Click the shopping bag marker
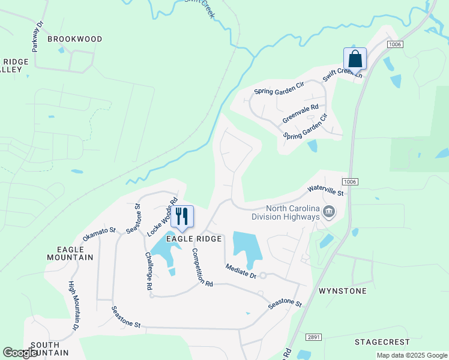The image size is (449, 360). (x=355, y=59)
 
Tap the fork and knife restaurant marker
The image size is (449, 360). (x=182, y=217)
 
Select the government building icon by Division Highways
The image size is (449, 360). (x=329, y=211)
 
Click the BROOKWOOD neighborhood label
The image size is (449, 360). (x=75, y=39)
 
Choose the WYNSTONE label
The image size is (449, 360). (x=342, y=291)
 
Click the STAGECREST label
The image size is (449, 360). (x=382, y=342)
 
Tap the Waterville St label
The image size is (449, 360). (x=325, y=191)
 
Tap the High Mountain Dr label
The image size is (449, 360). (x=73, y=306)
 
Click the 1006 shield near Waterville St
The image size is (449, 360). (x=351, y=181)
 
